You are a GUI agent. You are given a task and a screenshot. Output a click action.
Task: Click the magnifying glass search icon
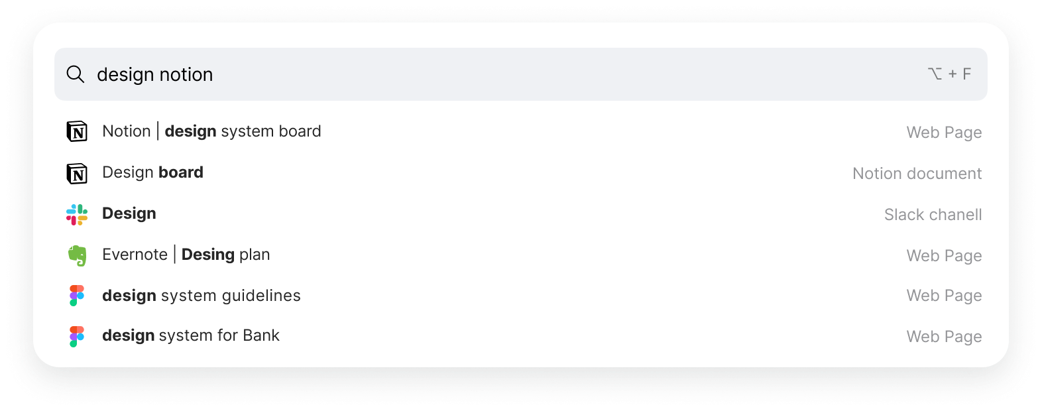76,74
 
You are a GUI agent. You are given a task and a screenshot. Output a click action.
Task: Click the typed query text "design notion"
154,74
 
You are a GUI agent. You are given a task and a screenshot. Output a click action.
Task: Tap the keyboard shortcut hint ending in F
949,74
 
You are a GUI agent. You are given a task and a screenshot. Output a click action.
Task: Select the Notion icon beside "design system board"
77,132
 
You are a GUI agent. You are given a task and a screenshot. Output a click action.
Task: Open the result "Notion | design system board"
211,131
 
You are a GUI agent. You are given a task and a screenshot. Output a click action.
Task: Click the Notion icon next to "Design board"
77,173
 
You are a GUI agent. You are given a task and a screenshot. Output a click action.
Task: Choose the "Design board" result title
152,172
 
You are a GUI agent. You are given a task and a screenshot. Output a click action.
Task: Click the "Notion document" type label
917,174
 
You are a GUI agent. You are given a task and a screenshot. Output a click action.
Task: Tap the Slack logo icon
77,214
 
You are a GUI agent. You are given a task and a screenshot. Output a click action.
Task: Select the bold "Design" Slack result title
129,213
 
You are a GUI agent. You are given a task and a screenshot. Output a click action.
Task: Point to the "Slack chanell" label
933,215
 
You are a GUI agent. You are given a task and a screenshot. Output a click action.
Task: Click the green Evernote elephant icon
77,255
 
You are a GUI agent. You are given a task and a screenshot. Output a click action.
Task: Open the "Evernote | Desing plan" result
186,255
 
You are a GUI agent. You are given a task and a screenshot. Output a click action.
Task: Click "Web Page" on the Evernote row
944,256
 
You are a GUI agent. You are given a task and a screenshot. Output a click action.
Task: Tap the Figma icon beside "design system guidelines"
77,296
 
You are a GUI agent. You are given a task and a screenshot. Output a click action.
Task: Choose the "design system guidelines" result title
201,296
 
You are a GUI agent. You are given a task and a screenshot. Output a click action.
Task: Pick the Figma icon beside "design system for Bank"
77,336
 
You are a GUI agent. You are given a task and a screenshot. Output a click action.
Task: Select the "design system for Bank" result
190,335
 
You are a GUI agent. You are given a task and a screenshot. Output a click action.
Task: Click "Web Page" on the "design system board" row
944,133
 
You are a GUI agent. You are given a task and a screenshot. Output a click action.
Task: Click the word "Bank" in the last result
261,335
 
